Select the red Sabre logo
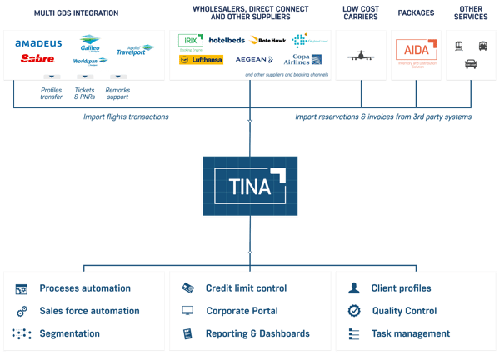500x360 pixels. click(x=36, y=59)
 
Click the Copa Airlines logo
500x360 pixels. click(x=304, y=60)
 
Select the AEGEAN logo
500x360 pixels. click(x=252, y=60)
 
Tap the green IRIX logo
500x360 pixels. click(x=191, y=40)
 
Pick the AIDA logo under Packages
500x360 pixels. click(x=416, y=51)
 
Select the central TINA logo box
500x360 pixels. click(x=250, y=186)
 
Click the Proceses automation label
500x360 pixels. click(x=85, y=288)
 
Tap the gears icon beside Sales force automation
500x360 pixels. click(x=22, y=311)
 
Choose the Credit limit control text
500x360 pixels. click(x=246, y=288)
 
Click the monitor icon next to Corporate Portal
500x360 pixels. click(x=188, y=311)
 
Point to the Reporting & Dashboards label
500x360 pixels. click(x=257, y=333)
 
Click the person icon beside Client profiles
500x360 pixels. click(x=354, y=288)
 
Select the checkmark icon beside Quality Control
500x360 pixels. click(x=354, y=311)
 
